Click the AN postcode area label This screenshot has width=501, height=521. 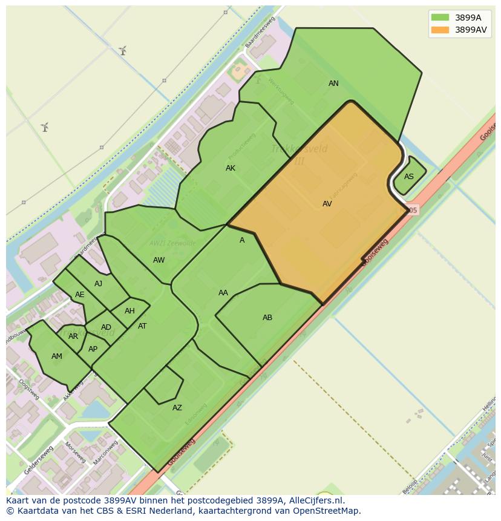point(333,84)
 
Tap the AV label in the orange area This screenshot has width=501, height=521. point(327,204)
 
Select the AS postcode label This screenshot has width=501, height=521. point(409,177)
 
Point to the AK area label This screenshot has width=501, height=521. point(231,168)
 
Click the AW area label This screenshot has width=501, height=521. point(159,260)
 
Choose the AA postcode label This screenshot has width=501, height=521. point(223,293)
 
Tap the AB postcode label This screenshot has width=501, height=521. point(267,318)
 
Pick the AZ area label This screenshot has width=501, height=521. point(177,408)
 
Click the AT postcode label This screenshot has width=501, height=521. point(142,326)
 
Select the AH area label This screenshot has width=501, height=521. point(129,311)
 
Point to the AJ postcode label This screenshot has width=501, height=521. point(98,284)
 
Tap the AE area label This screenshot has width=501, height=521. point(80,295)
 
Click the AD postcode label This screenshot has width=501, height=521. point(106,327)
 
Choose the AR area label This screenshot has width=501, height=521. point(73,336)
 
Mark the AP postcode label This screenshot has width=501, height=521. point(93,349)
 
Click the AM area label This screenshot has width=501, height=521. point(56,356)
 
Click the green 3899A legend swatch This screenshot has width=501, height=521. point(440,18)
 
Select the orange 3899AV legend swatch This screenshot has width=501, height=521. point(440,30)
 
